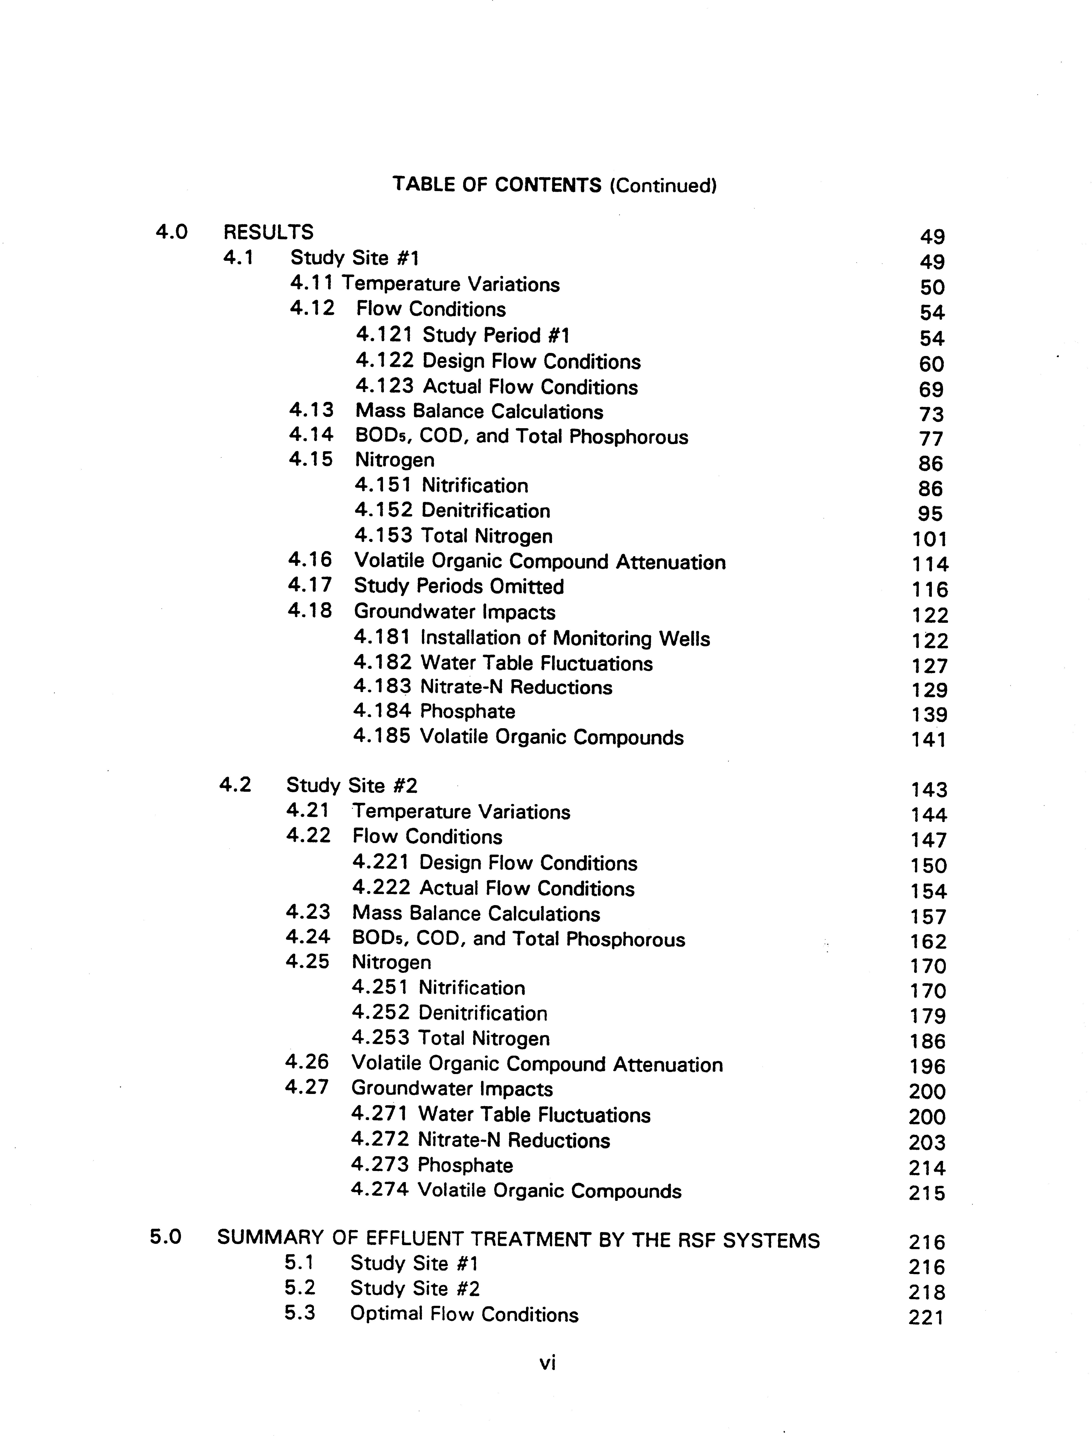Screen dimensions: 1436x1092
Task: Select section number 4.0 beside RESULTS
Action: tap(172, 232)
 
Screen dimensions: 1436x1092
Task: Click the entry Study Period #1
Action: tap(496, 335)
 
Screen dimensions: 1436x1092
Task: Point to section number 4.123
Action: tap(384, 386)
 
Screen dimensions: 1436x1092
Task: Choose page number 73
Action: tap(931, 414)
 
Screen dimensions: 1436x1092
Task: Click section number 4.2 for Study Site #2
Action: tap(235, 785)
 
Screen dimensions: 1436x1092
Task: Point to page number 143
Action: tap(929, 790)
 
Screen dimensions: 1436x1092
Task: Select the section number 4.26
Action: tap(307, 1062)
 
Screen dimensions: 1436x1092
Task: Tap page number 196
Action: tap(928, 1066)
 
